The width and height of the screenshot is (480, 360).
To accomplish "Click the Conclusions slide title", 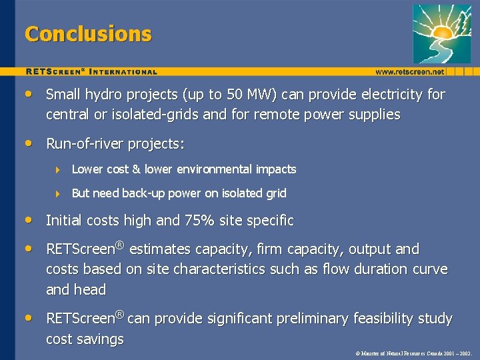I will [x=88, y=34].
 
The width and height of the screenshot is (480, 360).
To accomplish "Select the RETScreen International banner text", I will [x=91, y=71].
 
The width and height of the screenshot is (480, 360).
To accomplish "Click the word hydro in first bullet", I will [x=99, y=95].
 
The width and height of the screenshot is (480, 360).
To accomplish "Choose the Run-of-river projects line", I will [x=115, y=144].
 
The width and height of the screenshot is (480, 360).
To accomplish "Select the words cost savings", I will [x=85, y=339].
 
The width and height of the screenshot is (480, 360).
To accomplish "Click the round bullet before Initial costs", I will [x=29, y=220].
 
